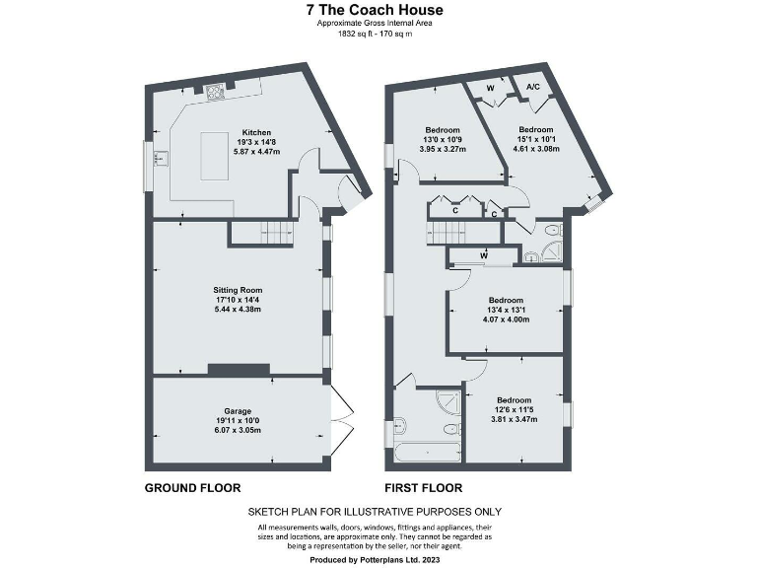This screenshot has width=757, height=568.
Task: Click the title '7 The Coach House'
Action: (x=374, y=10)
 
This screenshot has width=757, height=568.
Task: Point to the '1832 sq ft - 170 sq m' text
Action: (x=374, y=35)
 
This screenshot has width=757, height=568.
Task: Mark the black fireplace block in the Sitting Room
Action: (x=238, y=370)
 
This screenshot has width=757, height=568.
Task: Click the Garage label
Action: (x=238, y=410)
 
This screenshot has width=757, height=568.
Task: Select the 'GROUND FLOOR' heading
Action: (x=192, y=488)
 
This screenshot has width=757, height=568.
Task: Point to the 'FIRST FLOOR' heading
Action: (x=423, y=488)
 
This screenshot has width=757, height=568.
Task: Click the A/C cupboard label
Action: (x=533, y=87)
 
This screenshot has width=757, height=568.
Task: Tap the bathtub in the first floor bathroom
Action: (x=426, y=453)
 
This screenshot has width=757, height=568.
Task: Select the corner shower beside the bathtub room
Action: (x=447, y=402)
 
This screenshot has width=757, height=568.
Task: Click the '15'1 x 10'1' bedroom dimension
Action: (x=536, y=139)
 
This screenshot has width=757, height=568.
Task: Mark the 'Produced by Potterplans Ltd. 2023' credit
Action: (x=375, y=559)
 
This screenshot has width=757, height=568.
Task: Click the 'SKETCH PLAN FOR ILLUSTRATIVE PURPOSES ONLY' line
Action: (x=375, y=512)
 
